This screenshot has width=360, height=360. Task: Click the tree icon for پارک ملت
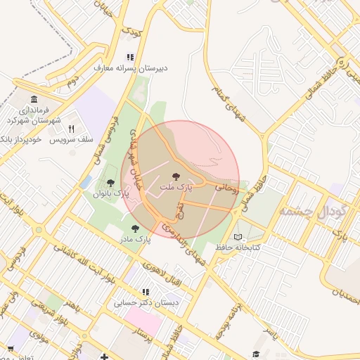coord(176,176)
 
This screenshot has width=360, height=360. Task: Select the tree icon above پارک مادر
coord(135,228)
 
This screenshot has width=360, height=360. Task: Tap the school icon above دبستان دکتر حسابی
coord(145,292)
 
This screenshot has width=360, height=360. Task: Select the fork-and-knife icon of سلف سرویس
coord(71,129)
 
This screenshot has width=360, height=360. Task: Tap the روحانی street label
coord(226,188)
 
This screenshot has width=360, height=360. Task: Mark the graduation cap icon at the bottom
coord(257,353)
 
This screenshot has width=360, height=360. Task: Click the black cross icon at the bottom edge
coord(105,356)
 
